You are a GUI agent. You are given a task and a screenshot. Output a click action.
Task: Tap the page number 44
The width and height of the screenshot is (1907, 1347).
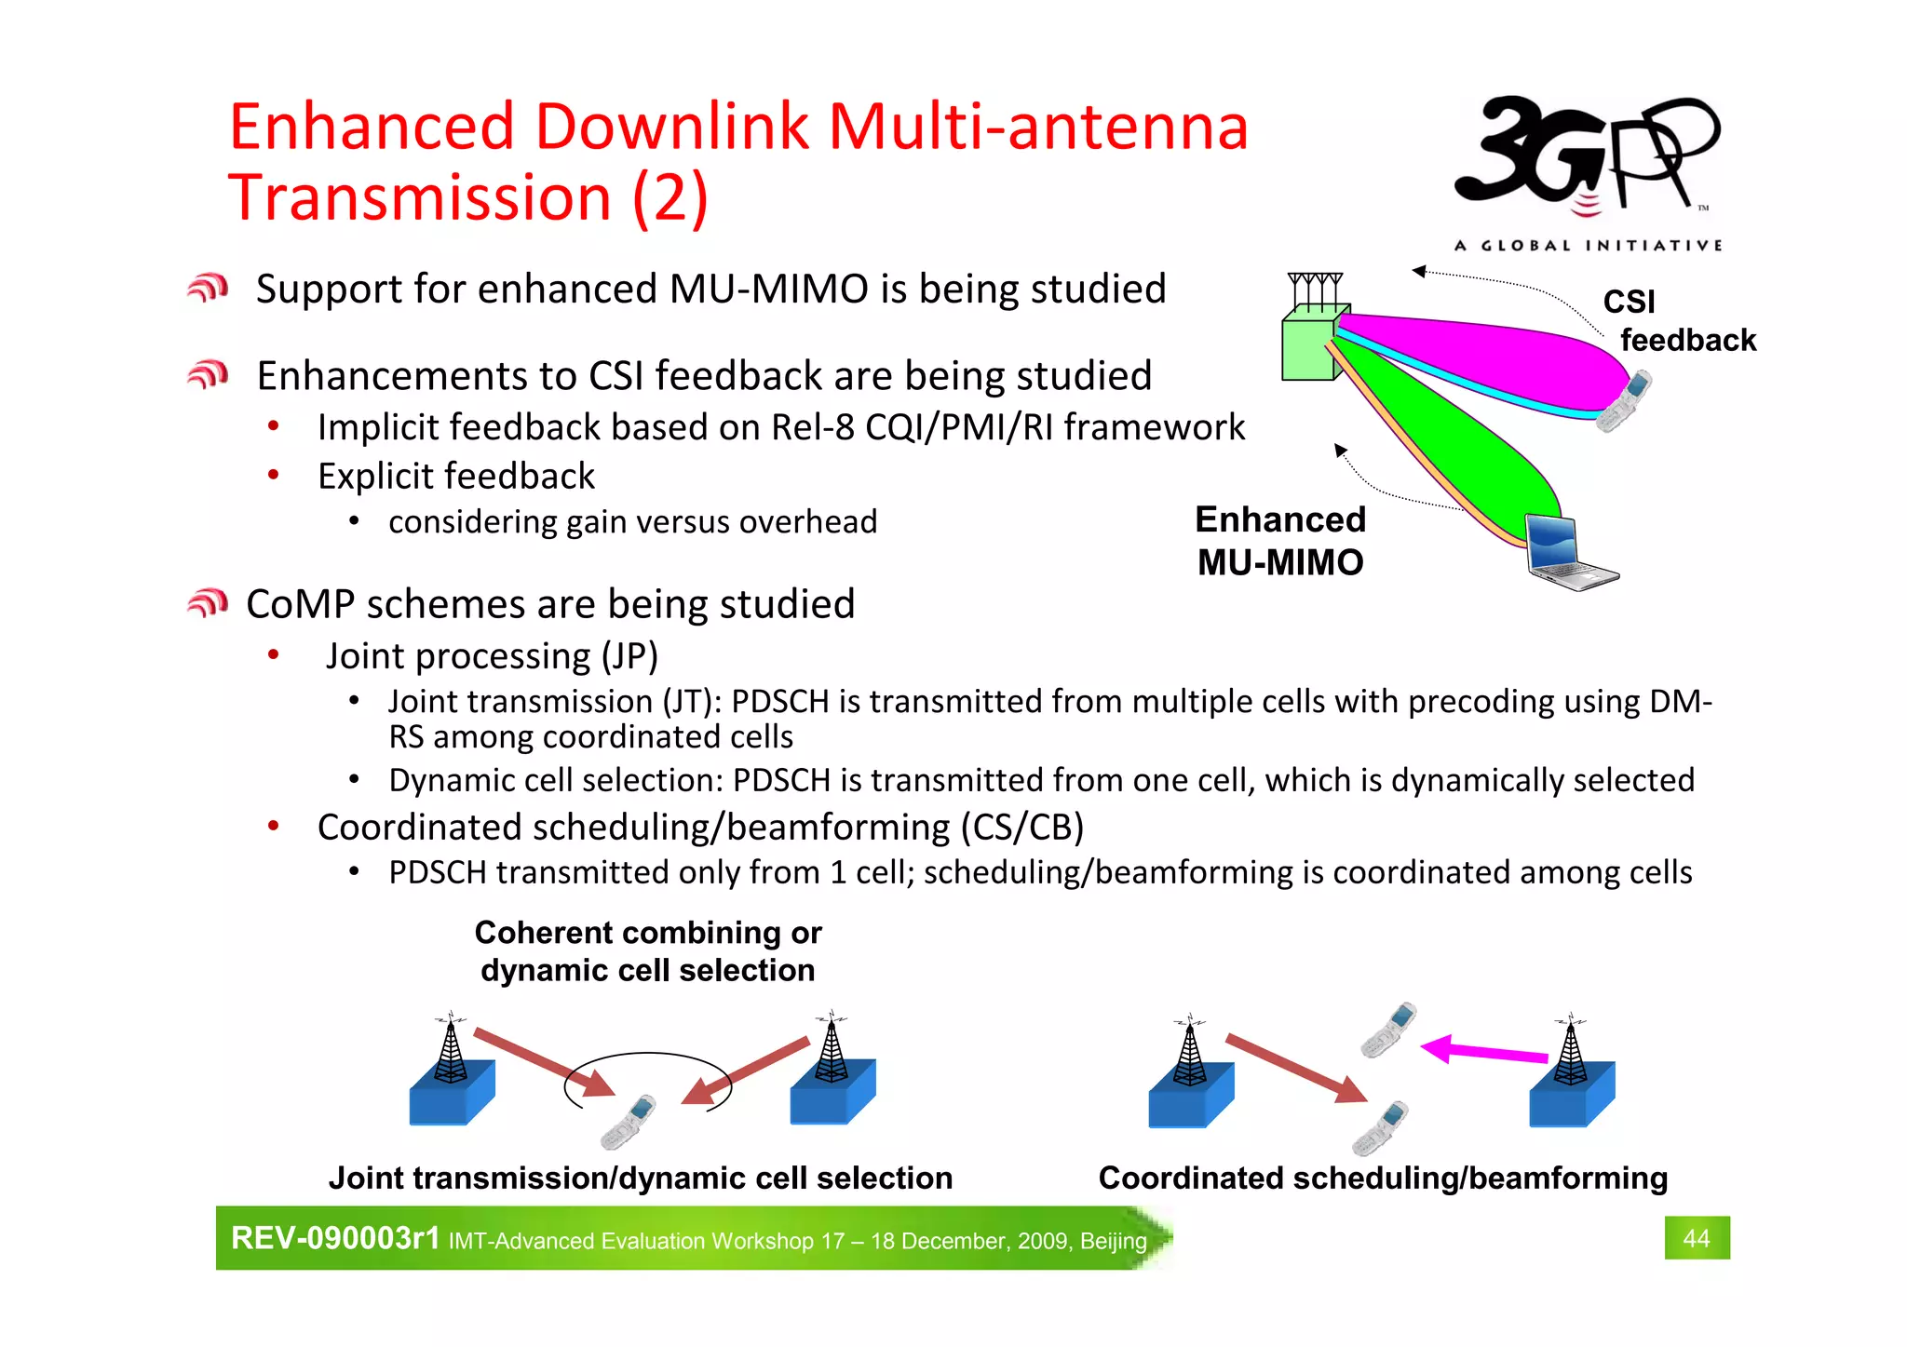pyautogui.click(x=1696, y=1238)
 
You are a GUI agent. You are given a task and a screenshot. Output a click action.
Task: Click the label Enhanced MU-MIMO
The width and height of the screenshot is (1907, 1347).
pyautogui.click(x=1280, y=541)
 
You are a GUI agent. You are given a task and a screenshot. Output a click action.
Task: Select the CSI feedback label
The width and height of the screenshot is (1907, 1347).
pyautogui.click(x=1676, y=321)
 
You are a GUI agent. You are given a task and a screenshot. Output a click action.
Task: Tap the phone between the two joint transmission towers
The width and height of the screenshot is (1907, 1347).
pyautogui.click(x=629, y=1122)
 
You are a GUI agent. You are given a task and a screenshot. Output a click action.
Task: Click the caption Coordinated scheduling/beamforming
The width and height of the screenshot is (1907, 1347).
pyautogui.click(x=1383, y=1179)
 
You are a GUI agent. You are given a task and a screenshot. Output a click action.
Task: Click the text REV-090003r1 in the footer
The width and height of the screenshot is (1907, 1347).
pyautogui.click(x=335, y=1238)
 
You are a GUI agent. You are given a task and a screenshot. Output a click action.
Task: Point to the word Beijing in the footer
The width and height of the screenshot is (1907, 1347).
pyautogui.click(x=1113, y=1241)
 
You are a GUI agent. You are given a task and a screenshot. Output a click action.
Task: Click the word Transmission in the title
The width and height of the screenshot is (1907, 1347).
pyautogui.click(x=419, y=198)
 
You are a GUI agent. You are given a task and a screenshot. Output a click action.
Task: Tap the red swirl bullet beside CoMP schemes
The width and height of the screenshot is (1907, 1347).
pyautogui.click(x=207, y=604)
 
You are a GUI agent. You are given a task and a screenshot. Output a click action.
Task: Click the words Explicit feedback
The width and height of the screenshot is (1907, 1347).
pyautogui.click(x=455, y=477)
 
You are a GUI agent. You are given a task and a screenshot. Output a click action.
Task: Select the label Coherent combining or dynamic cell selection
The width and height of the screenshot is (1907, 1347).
pyautogui.click(x=648, y=951)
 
